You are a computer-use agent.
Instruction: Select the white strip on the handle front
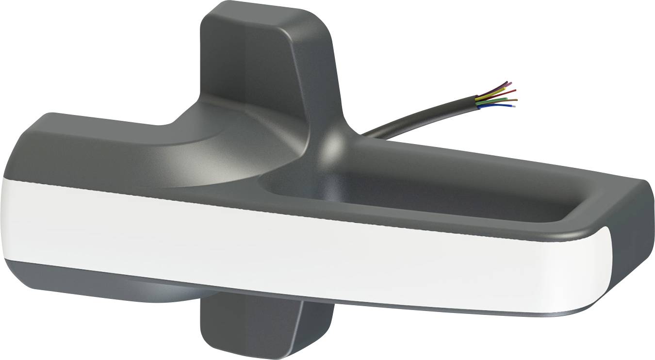291,243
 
